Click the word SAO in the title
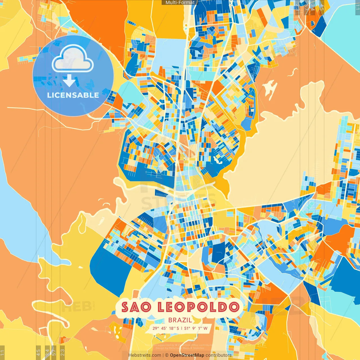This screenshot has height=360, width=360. (x=136, y=307)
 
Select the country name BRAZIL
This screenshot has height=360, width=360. (x=180, y=320)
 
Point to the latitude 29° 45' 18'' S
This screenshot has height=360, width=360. (x=166, y=328)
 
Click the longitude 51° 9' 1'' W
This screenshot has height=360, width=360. (x=196, y=328)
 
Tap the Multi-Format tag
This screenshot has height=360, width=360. (x=180, y=3)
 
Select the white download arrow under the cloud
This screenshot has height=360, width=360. (x=69, y=81)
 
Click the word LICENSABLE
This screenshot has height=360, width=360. (x=73, y=95)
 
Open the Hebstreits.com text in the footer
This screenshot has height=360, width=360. (x=145, y=355)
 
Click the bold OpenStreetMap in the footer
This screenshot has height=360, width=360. (x=187, y=355)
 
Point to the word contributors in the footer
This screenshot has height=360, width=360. (x=219, y=355)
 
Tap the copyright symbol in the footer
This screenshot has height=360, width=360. (x=166, y=355)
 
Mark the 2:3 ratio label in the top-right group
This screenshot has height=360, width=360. (x=298, y=7)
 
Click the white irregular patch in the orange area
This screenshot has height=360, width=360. (x=269, y=87)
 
